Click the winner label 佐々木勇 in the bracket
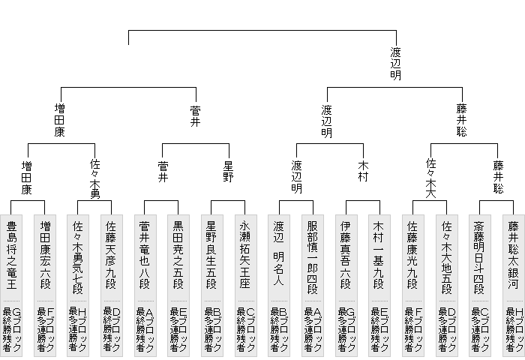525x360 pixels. point(95,176)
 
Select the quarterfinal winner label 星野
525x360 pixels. point(229,171)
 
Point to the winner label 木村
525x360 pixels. point(362,171)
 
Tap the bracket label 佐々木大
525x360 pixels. point(430,176)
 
